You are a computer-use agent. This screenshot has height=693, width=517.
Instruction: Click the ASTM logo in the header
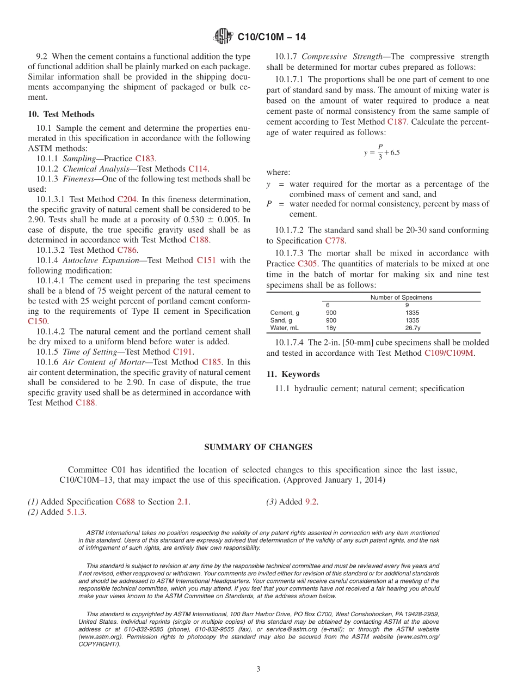coord(223,37)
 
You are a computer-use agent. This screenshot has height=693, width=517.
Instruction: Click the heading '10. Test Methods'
coord(61,114)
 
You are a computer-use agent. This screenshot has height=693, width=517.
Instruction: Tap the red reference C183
coord(145,159)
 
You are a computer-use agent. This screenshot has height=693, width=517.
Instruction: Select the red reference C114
coord(198,169)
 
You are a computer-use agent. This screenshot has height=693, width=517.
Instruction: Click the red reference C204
coord(127,199)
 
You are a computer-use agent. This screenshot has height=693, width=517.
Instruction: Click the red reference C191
coord(182,352)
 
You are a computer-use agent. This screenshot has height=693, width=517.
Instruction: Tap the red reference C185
coord(212,362)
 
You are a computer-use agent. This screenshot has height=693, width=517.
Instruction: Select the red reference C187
coord(397,122)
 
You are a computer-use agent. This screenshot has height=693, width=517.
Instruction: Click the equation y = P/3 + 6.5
coord(381,152)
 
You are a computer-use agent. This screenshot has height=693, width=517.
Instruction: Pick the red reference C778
coord(335,241)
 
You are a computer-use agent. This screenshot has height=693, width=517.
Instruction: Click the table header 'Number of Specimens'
coord(401,297)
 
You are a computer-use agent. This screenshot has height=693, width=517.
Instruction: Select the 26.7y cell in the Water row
coord(413,328)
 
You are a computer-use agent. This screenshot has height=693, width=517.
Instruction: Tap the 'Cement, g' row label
coord(285,313)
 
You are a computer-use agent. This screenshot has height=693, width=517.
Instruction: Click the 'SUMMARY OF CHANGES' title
coord(258,447)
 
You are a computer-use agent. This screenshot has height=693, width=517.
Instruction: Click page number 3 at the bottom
coord(258,669)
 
